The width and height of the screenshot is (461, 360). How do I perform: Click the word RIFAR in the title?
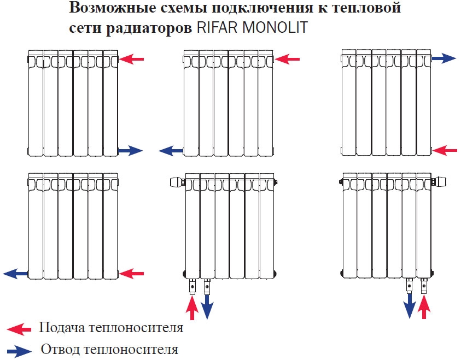tap(217, 27)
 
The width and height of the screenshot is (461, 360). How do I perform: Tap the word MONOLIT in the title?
tap(275, 27)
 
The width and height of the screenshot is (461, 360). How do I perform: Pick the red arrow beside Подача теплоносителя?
tap(19, 328)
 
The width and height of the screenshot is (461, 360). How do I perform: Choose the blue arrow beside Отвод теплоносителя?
tap(19, 351)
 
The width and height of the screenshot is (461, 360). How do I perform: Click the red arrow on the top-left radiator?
tap(131, 60)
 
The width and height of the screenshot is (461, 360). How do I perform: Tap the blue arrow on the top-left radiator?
tap(130, 151)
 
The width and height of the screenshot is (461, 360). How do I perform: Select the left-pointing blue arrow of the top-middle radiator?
tap(171, 151)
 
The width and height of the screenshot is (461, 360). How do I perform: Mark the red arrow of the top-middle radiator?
tap(287, 60)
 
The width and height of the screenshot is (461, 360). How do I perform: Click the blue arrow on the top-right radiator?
tap(444, 58)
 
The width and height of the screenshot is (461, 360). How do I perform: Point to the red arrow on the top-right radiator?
tap(445, 151)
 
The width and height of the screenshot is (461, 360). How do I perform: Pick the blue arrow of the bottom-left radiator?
tap(15, 274)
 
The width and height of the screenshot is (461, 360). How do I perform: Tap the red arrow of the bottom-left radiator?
tap(131, 274)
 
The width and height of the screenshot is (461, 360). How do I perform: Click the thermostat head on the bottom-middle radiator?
tap(176, 182)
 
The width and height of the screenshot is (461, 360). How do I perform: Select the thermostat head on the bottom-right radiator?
tap(441, 181)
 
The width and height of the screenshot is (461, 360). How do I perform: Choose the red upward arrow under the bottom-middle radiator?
tap(192, 308)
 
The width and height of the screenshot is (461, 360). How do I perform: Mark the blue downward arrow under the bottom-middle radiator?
tap(207, 307)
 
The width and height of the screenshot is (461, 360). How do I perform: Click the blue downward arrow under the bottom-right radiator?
tap(409, 306)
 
